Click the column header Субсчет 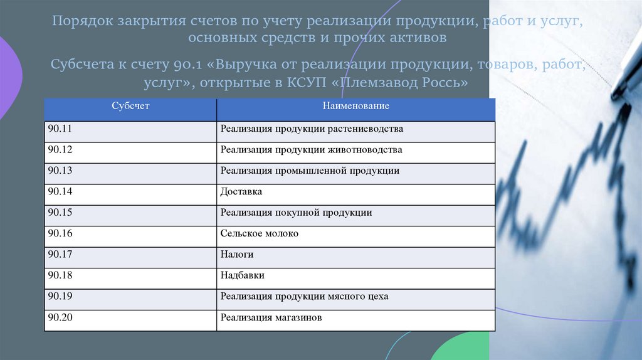tap(130, 106)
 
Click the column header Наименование tap(356, 106)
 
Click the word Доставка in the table tap(241, 191)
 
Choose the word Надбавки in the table tap(242, 275)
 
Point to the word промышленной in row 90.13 tap(306, 171)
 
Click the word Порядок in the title tap(80, 22)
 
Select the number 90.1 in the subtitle tap(182, 65)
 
